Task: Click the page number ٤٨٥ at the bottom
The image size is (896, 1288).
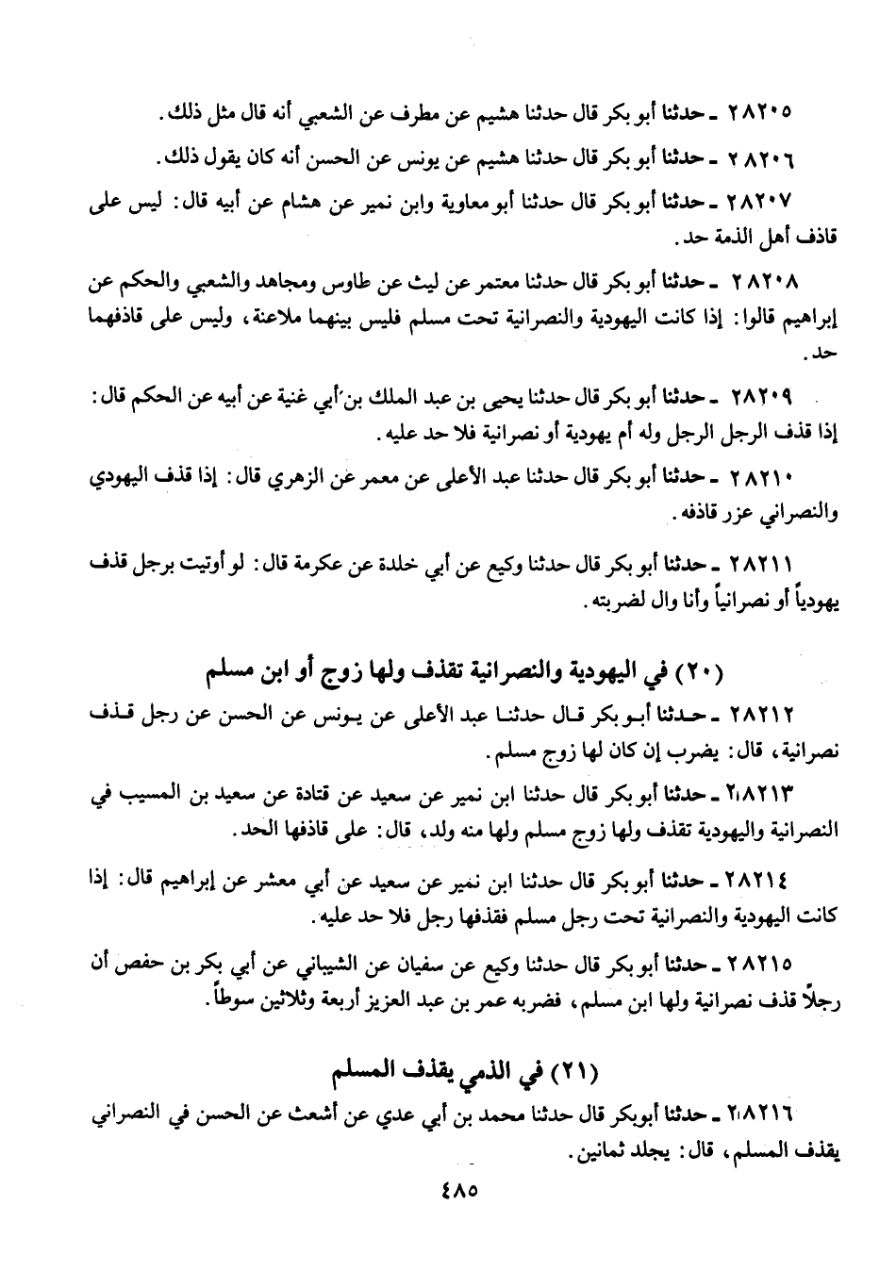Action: coord(459,1191)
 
